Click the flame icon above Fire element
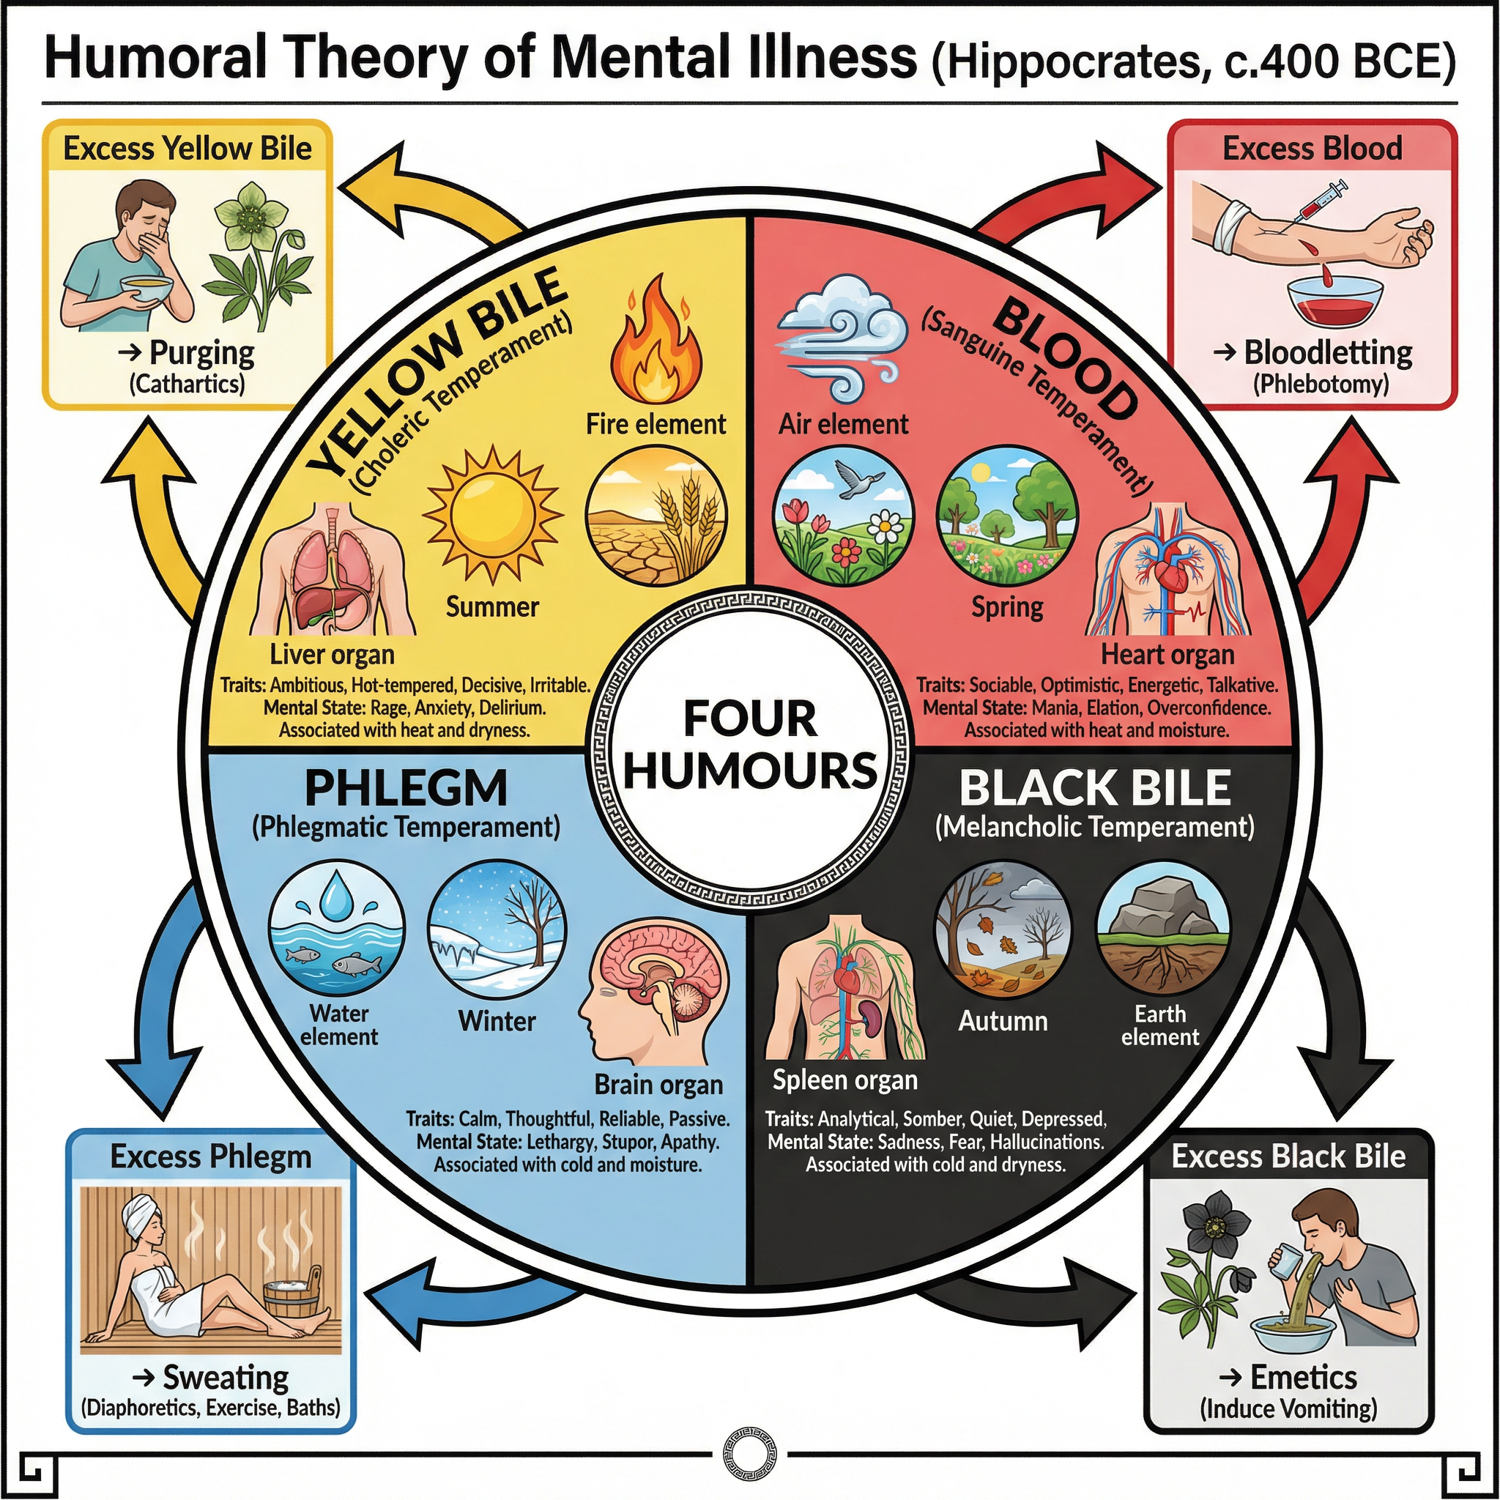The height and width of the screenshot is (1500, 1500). (x=657, y=341)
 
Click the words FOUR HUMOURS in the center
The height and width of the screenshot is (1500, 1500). (x=750, y=744)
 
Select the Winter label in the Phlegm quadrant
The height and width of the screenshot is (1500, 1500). (x=497, y=1021)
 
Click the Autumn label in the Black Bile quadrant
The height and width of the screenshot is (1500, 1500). (x=1003, y=1020)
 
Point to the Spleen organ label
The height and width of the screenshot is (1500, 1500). (x=844, y=1080)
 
